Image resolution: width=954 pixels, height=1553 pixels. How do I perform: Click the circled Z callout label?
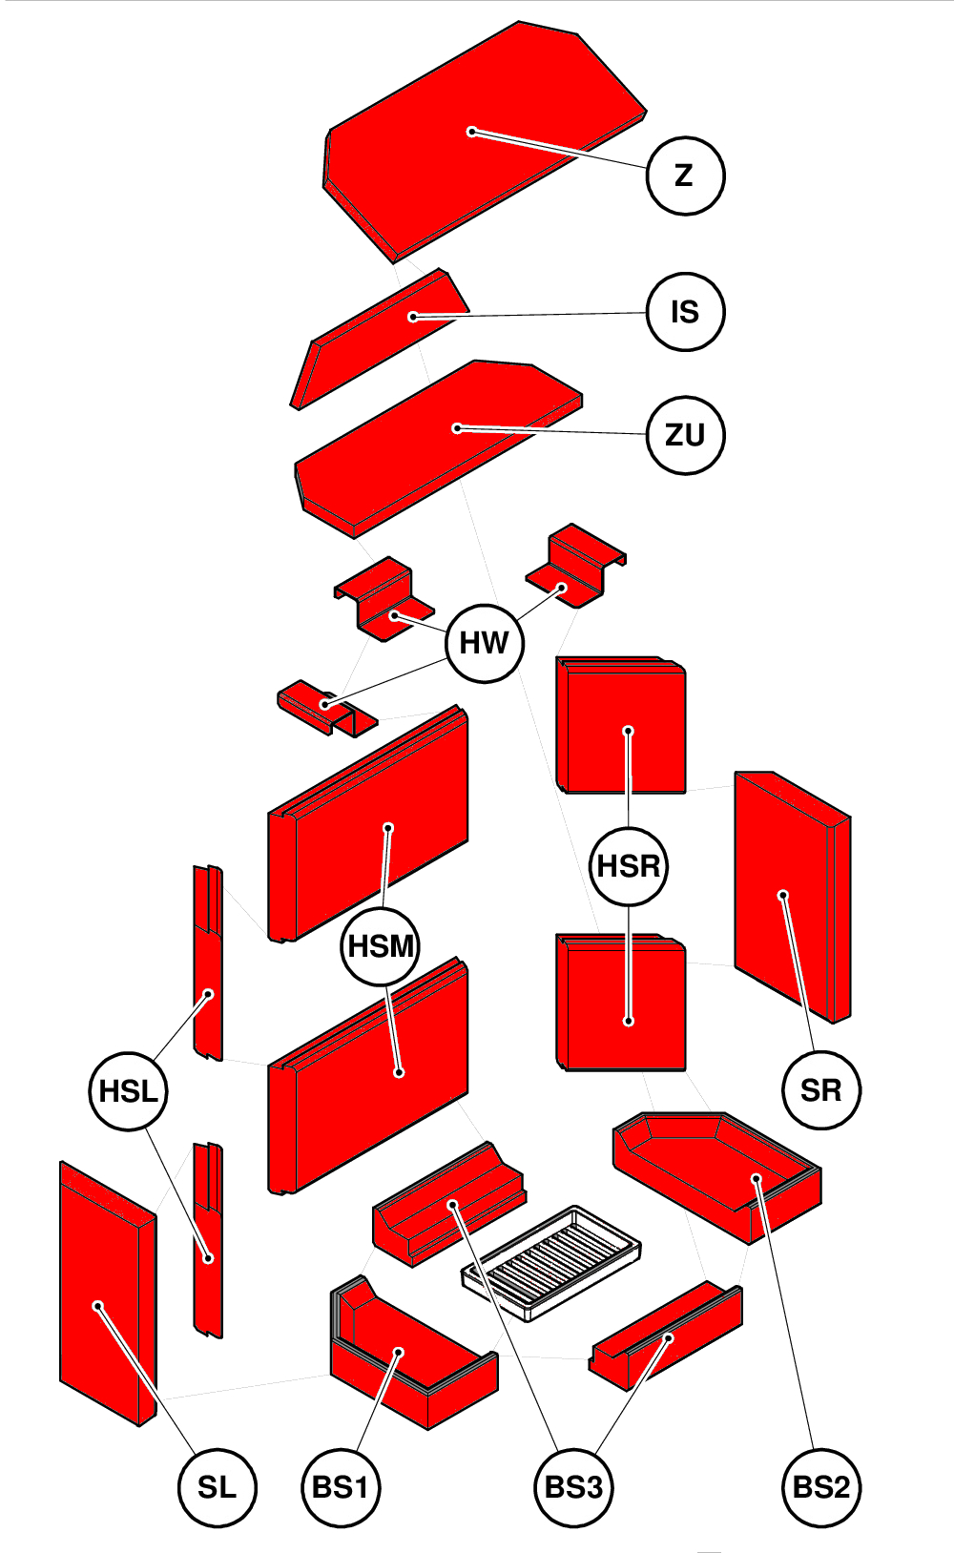(685, 176)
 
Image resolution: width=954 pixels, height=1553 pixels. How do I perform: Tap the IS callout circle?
(685, 312)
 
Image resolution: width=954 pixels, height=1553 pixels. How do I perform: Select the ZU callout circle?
(685, 435)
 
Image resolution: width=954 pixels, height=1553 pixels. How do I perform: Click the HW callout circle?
(485, 643)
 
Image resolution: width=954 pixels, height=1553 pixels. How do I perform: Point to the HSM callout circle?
(381, 946)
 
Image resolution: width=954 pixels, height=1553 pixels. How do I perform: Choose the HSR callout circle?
(629, 866)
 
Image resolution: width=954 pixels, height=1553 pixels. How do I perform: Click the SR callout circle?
(820, 1090)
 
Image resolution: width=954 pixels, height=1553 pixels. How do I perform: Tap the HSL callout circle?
(128, 1091)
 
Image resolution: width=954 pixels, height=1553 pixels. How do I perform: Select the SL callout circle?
(217, 1487)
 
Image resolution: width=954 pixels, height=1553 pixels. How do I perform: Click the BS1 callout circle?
(341, 1487)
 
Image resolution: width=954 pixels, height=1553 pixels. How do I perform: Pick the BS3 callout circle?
(572, 1487)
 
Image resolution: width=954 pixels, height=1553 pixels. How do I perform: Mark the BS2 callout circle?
(820, 1487)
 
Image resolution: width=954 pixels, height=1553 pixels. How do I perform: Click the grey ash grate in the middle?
(551, 1261)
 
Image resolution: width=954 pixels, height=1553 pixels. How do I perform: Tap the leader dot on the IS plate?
(413, 317)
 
